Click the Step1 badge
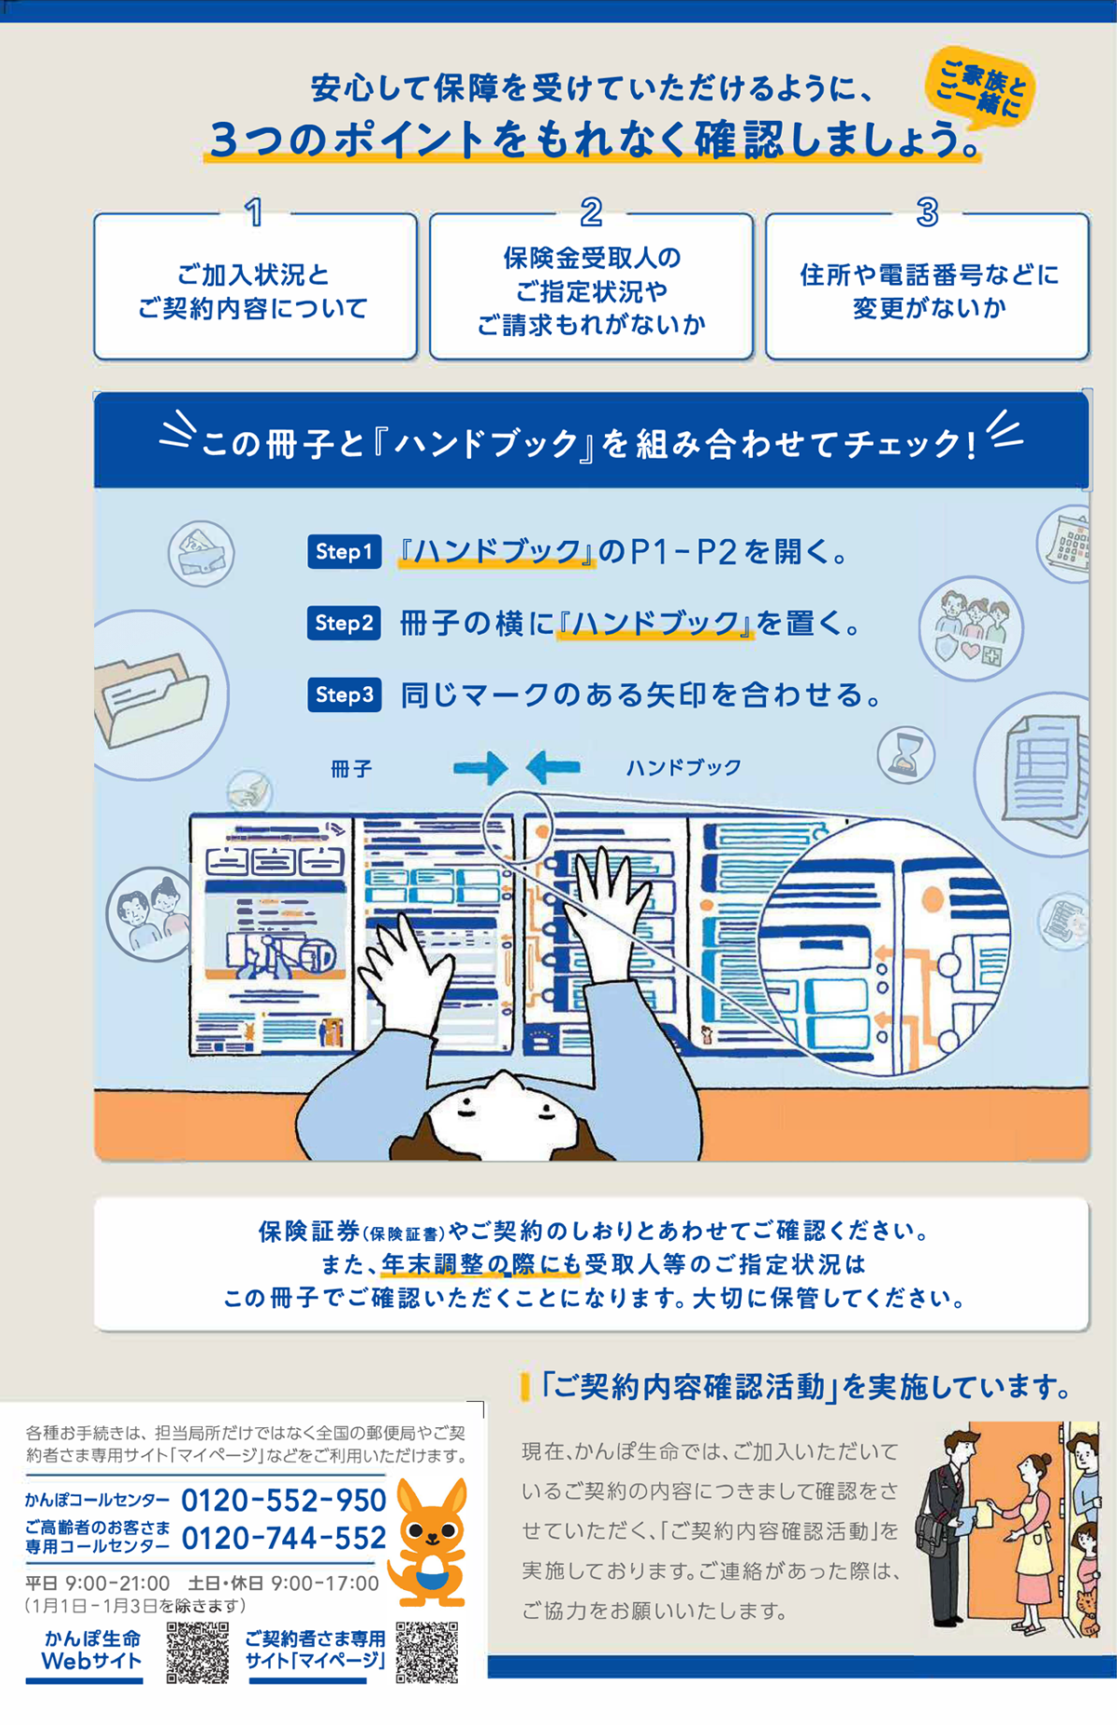pyautogui.click(x=343, y=551)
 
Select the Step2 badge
pyautogui.click(x=343, y=623)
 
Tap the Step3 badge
pyautogui.click(x=343, y=694)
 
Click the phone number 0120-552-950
pyautogui.click(x=284, y=1501)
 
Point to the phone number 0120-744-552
pyautogui.click(x=284, y=1538)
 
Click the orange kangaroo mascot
pyautogui.click(x=429, y=1542)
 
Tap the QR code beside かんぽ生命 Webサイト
pyautogui.click(x=197, y=1652)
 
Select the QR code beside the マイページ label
pyautogui.click(x=427, y=1652)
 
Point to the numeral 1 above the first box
pyautogui.click(x=253, y=212)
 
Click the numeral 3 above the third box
pyautogui.click(x=927, y=212)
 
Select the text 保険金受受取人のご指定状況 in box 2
pyautogui.click(x=592, y=275)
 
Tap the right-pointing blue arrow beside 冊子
pyautogui.click(x=480, y=768)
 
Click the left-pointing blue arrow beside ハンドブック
pyautogui.click(x=553, y=768)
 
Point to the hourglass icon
pyautogui.click(x=906, y=755)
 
